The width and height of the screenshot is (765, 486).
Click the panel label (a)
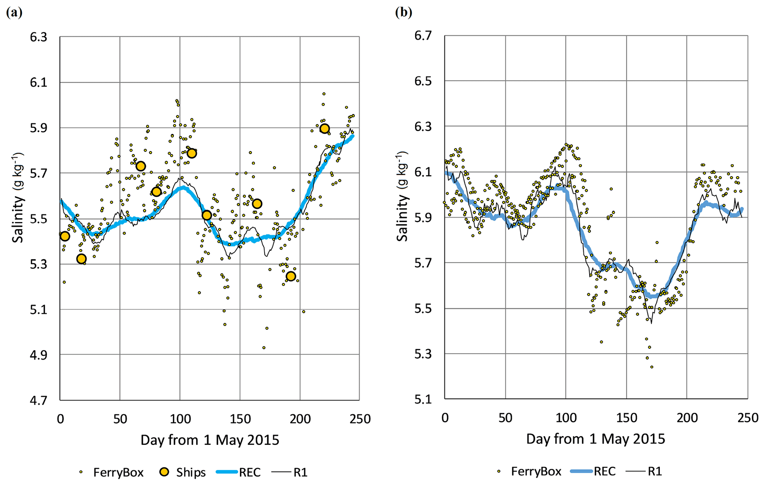14,13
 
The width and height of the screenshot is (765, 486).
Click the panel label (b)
403,13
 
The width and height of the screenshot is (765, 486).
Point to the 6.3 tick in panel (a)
38,37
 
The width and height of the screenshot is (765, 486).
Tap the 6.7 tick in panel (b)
423,36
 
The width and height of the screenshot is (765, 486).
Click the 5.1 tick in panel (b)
423,399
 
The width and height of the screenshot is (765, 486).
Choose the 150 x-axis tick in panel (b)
627,418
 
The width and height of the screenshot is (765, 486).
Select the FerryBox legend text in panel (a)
118,473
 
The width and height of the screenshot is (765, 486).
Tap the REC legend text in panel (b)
605,472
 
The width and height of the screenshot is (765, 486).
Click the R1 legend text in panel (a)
300,473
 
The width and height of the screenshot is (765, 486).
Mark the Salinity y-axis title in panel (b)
402,196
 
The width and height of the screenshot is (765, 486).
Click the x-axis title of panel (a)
209,440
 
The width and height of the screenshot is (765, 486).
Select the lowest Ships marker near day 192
291,276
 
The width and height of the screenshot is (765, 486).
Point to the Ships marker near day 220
325,128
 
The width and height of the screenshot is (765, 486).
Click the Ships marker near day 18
81,259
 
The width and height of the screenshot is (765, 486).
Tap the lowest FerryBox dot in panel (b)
652,367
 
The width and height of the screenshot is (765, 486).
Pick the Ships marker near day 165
257,204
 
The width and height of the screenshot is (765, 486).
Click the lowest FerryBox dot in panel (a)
264,348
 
